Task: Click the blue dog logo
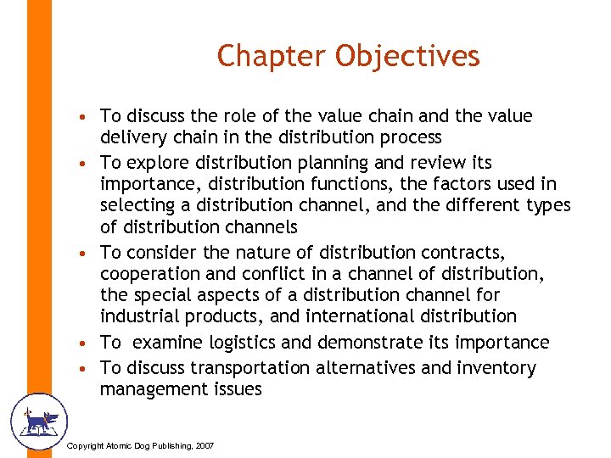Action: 37,422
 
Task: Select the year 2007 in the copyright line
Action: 204,446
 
